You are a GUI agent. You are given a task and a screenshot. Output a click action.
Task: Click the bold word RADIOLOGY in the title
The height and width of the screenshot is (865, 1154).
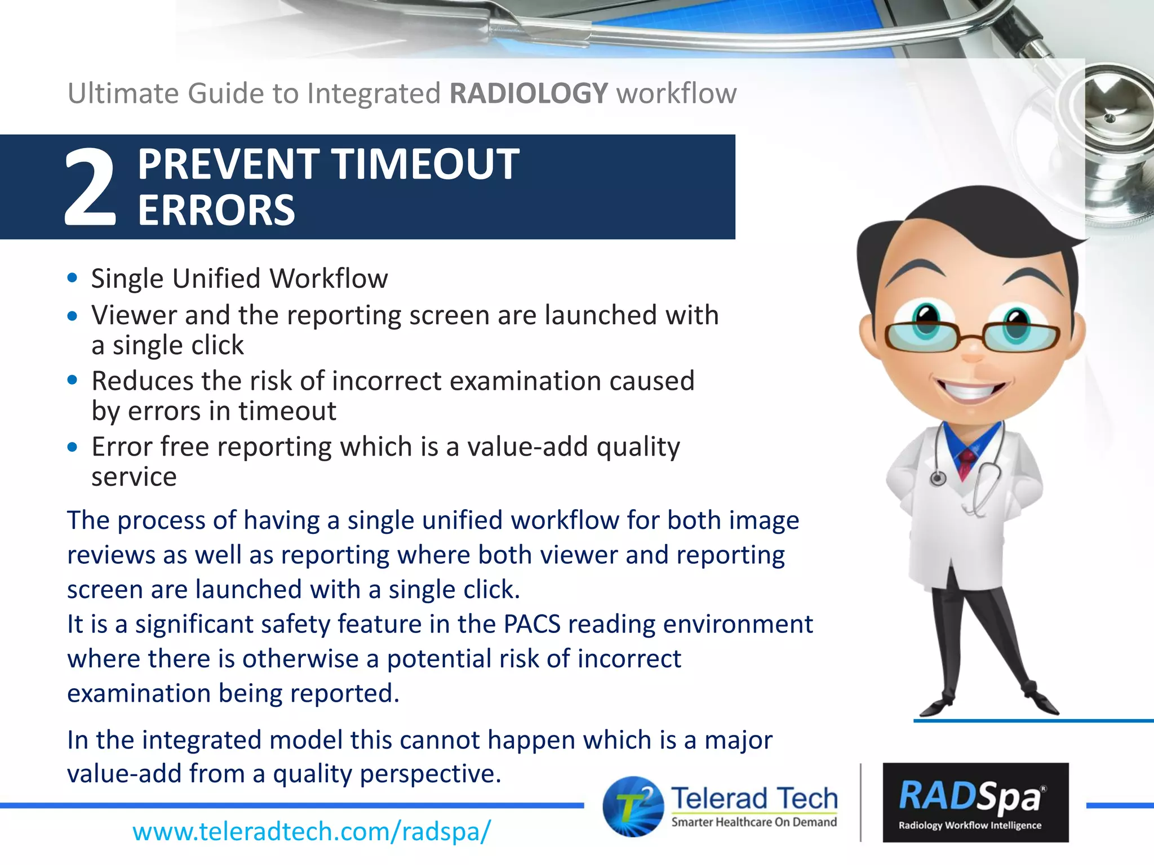(529, 93)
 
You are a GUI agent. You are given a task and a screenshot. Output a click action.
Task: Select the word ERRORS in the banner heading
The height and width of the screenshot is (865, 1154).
(216, 211)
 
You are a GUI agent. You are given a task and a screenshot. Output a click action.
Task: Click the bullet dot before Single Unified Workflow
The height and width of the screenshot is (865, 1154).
(72, 278)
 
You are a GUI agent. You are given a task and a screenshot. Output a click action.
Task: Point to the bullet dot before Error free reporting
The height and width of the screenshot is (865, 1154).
(72, 447)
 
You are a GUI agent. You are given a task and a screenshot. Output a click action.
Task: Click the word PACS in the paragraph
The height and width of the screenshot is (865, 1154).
(531, 625)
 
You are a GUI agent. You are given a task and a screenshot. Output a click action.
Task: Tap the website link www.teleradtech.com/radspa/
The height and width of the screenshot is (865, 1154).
(312, 831)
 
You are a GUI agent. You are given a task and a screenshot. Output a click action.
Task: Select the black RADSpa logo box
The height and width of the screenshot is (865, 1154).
(975, 802)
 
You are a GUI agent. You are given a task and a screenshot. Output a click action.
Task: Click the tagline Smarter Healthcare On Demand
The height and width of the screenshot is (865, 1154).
(754, 822)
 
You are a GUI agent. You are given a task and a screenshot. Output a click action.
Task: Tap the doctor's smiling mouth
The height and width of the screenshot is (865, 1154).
(971, 390)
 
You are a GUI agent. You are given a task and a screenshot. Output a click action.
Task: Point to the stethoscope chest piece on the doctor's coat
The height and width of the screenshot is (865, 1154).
(938, 479)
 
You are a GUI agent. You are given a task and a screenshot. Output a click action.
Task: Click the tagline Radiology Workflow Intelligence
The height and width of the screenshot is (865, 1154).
(970, 826)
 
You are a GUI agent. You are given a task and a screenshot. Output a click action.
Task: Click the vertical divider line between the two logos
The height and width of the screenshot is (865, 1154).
(860, 802)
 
